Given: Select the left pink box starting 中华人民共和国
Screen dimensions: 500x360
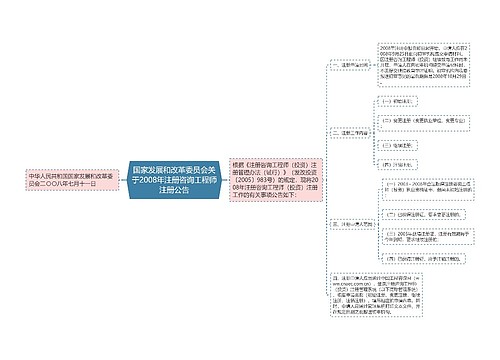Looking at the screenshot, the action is tap(66, 180).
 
